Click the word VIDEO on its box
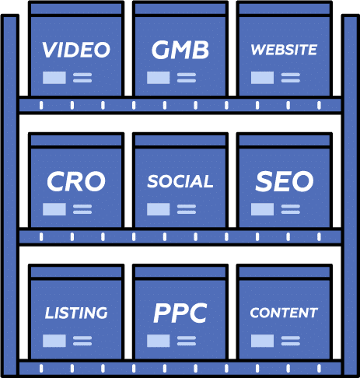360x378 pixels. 76,50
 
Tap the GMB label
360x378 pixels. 180,50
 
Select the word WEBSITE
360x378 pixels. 284,50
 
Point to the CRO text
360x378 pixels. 76,181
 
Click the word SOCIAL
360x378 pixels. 180,181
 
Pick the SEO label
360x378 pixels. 285,181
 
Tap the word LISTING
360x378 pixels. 76,313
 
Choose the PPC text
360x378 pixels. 180,313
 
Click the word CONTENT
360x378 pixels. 284,313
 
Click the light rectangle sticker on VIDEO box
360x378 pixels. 54,78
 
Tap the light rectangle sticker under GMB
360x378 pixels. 159,78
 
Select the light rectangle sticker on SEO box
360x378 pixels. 262,209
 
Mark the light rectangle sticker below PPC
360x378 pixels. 159,341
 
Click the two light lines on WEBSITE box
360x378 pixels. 291,78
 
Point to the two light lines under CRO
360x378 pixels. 82,209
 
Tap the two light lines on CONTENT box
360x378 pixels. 291,341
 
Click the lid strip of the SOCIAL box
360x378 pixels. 180,140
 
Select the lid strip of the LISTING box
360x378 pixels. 76,271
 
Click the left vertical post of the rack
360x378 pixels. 10,195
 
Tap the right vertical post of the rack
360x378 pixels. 351,195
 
